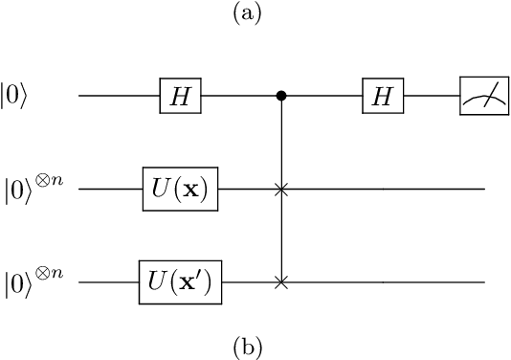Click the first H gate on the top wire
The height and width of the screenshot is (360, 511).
179,96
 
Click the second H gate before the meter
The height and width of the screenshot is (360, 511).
382,96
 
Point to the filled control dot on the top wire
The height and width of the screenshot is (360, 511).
280,96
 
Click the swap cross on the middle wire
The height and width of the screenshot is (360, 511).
280,190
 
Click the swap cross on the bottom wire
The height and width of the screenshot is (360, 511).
280,282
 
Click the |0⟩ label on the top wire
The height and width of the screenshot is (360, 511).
21,97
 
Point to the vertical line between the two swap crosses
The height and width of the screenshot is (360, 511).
280,236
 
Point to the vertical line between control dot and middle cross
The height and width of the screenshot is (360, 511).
280,144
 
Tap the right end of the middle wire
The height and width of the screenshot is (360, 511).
482,190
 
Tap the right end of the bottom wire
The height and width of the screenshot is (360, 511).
482,282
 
